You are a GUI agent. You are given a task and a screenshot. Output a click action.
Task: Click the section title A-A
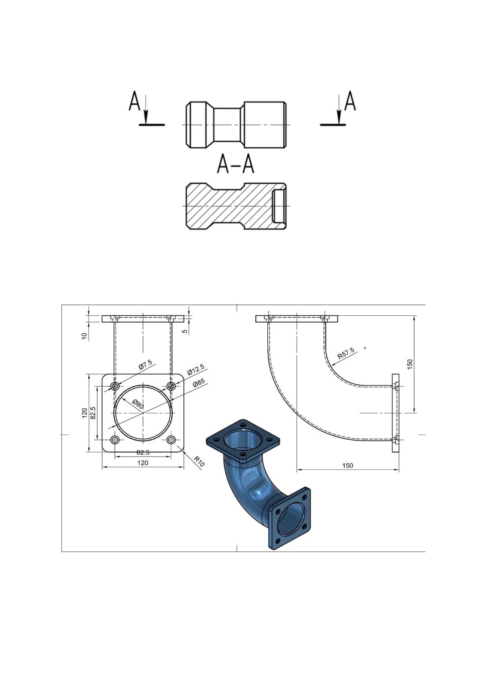coord(236,164)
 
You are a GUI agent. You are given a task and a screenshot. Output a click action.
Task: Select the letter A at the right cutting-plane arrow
coord(350,101)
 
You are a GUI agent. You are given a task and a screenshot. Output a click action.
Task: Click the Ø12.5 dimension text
coord(196,369)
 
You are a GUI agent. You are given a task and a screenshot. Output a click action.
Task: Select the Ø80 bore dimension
coord(138,404)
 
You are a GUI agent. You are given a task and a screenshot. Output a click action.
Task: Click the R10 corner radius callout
coord(199,462)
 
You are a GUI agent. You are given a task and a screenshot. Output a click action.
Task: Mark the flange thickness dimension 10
coord(84,336)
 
